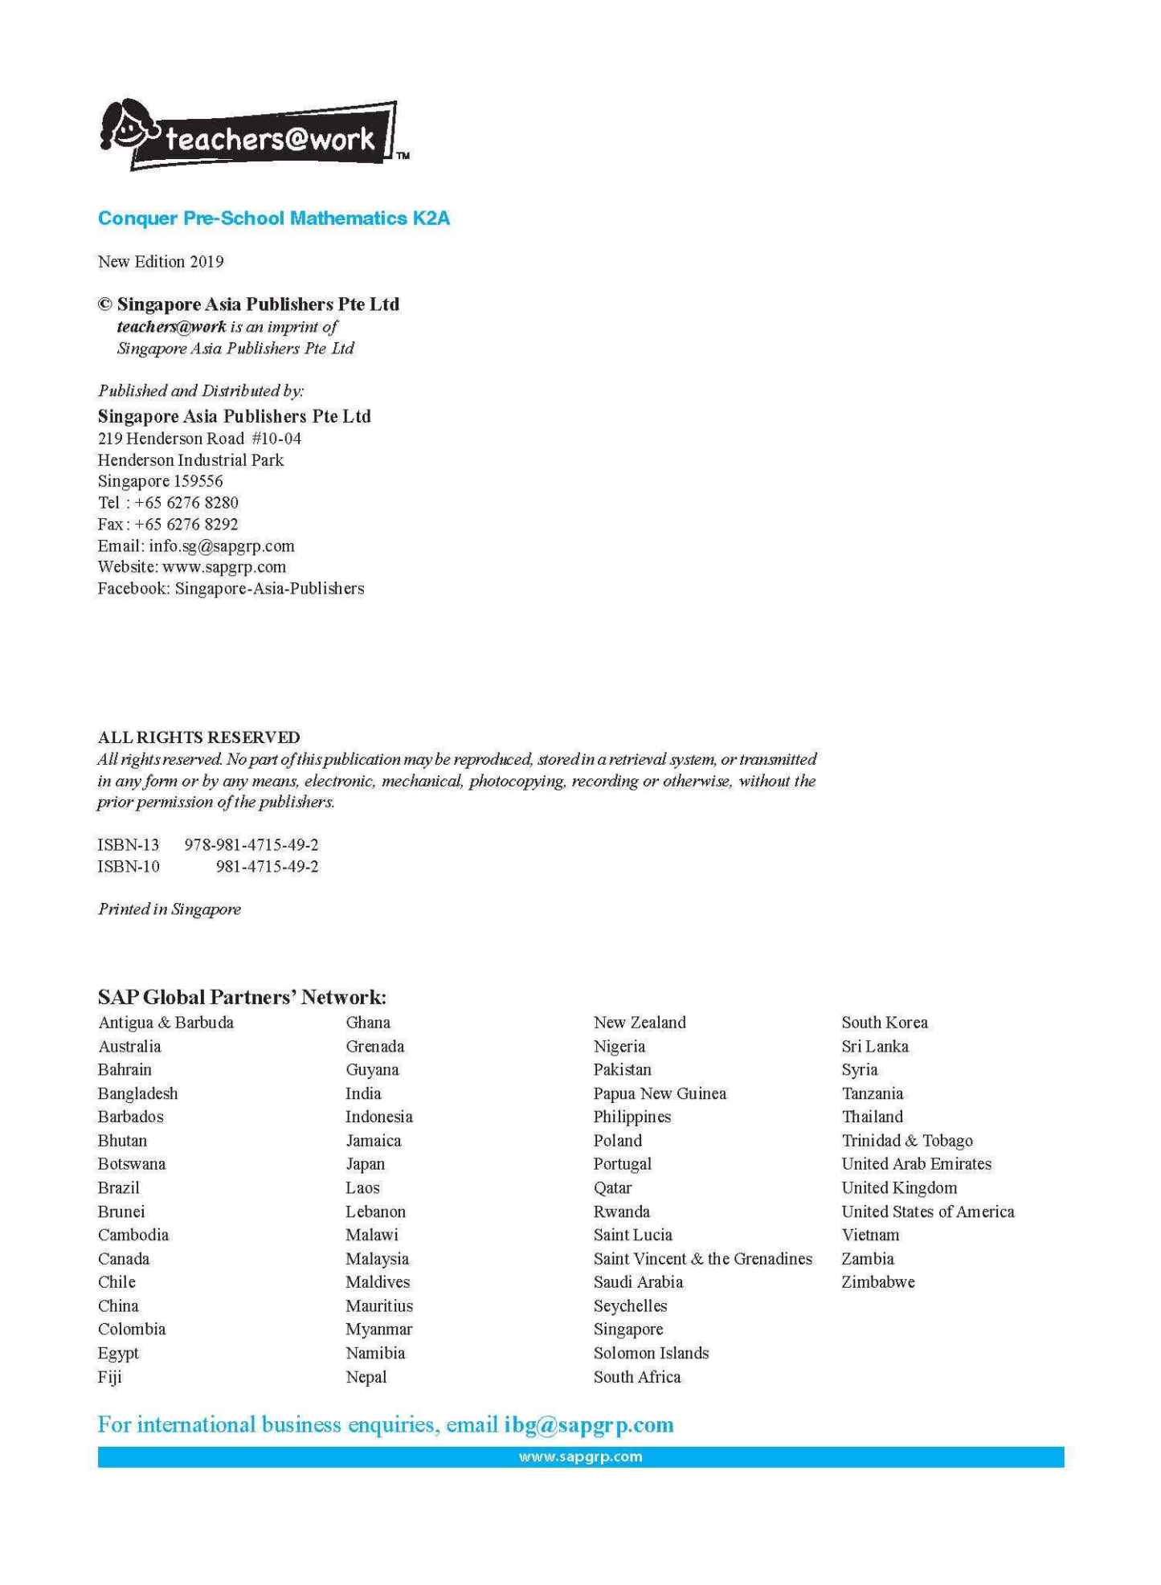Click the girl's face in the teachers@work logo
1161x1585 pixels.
click(128, 127)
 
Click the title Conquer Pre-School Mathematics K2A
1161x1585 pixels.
click(273, 219)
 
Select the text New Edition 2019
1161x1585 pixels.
click(161, 262)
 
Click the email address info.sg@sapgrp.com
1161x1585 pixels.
click(221, 546)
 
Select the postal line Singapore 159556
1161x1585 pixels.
click(160, 481)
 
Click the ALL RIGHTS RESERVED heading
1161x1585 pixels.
click(198, 737)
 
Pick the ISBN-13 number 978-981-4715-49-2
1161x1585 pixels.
click(251, 845)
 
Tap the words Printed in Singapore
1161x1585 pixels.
click(169, 909)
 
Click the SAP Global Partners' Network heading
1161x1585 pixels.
click(242, 997)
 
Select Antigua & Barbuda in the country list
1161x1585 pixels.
click(166, 1023)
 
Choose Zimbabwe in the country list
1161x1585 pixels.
click(877, 1282)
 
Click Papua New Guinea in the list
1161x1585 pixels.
click(659, 1093)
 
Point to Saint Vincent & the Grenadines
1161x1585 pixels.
click(702, 1259)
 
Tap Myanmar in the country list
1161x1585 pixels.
click(378, 1330)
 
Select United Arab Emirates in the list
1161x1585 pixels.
click(916, 1164)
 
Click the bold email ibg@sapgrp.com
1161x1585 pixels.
click(588, 1425)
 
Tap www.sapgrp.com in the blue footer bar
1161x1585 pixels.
click(580, 1456)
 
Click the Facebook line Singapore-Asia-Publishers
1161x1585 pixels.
click(269, 589)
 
